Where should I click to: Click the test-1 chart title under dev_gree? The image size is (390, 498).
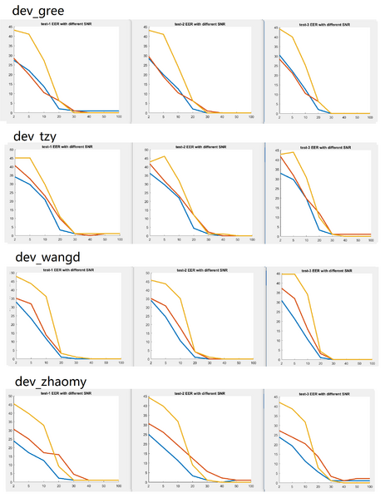tap(67, 26)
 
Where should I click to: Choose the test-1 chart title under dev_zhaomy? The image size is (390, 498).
tap(67, 396)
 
